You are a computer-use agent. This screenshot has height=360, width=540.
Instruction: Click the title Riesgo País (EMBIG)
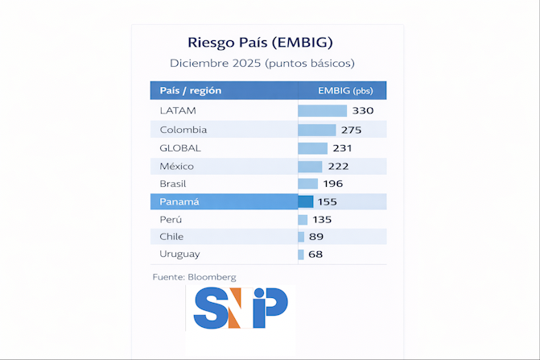260,41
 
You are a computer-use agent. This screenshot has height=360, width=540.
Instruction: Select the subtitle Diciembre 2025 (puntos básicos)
262,62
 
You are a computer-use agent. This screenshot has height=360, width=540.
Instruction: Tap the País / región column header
191,90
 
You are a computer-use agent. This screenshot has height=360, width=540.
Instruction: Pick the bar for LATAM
322,111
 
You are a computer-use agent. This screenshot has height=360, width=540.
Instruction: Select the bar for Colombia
316,130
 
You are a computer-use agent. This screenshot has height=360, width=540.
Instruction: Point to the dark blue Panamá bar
305,202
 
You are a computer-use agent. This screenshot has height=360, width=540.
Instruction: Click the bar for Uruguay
301,254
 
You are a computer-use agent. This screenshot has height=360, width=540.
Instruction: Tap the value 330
363,111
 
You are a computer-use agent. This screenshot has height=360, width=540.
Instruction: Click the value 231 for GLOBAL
343,148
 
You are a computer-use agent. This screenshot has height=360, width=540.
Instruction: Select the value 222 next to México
338,166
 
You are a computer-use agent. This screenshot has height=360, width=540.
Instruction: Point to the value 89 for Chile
316,237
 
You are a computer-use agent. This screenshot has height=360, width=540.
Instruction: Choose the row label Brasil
173,184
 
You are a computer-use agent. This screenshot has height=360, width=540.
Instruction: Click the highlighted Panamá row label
179,202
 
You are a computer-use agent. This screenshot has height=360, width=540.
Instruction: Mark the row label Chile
171,237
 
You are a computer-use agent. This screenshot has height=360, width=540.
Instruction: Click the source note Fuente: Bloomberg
194,277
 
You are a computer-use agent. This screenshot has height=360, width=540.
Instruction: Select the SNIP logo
241,307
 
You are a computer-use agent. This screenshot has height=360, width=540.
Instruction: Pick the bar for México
310,166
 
